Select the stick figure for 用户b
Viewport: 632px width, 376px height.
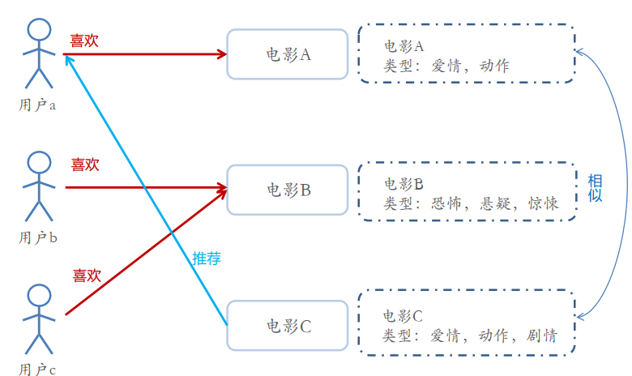click(x=39, y=186)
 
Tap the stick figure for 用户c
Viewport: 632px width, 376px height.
click(x=39, y=319)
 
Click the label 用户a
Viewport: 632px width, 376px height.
click(x=37, y=105)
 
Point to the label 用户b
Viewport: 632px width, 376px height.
click(x=37, y=238)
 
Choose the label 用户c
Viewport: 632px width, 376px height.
click(x=37, y=370)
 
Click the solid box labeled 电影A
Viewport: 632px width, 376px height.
click(x=288, y=54)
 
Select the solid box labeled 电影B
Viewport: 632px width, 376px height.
click(x=288, y=190)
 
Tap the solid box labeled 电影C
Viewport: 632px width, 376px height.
click(x=288, y=326)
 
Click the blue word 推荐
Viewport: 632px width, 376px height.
click(x=207, y=259)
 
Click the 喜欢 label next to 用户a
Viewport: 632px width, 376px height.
click(x=84, y=41)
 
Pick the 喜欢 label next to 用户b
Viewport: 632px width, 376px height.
click(x=84, y=164)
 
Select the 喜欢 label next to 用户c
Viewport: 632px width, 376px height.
click(x=86, y=276)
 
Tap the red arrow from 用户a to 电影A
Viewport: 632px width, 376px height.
click(x=146, y=54)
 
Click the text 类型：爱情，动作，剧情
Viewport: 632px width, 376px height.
click(x=470, y=335)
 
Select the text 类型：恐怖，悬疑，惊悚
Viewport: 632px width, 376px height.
click(x=470, y=203)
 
